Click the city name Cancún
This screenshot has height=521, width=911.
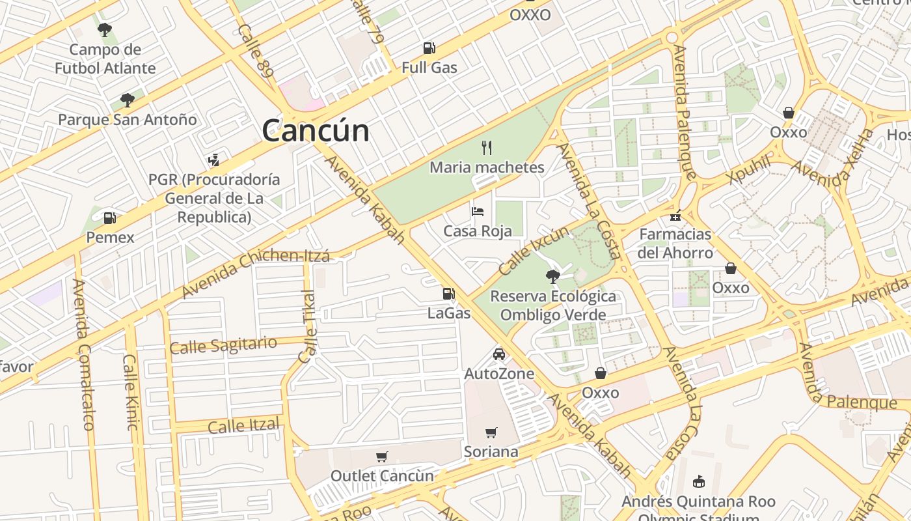(x=316, y=130)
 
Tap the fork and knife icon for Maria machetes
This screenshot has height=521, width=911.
(x=487, y=148)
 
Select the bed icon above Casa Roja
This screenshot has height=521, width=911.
(x=478, y=212)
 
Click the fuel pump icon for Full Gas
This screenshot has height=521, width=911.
(x=429, y=48)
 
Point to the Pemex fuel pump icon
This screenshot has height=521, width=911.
(x=110, y=218)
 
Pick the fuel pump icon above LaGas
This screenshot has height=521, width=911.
(x=448, y=294)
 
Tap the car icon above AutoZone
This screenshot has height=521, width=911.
(x=499, y=354)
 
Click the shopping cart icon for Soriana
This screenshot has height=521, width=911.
(x=491, y=432)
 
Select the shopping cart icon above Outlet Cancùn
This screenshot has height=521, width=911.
(x=382, y=457)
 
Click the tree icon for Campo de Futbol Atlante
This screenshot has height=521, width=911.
(x=105, y=29)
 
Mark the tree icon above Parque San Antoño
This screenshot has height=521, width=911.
(x=128, y=100)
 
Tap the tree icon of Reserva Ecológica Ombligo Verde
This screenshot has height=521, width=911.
(x=552, y=277)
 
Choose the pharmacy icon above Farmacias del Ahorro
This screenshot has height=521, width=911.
(x=675, y=215)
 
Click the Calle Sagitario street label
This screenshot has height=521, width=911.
(x=223, y=345)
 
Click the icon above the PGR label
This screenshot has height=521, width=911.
(x=213, y=160)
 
